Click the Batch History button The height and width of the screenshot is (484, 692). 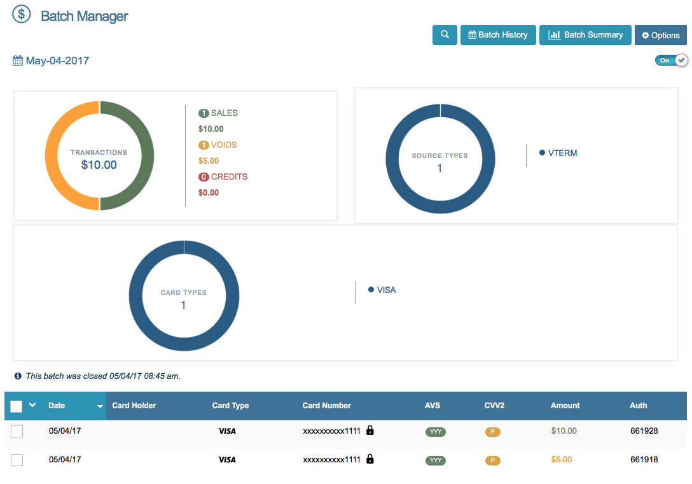coord(498,35)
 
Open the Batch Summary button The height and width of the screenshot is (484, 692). coord(585,35)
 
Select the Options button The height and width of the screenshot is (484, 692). coord(660,35)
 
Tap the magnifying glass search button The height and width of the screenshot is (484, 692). coord(445,35)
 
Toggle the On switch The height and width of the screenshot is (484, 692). coord(672,60)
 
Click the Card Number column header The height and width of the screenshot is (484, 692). coord(326,406)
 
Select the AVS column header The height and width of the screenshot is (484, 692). coord(432,406)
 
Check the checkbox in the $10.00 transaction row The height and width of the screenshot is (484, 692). coord(17,432)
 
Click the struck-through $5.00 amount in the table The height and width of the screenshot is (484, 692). coord(562,459)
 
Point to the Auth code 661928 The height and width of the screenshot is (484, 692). coord(644,431)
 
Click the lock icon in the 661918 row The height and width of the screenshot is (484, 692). coord(370,459)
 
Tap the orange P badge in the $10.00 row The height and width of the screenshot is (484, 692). coord(492,432)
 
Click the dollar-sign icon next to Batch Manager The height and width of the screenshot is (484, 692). coord(22,14)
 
